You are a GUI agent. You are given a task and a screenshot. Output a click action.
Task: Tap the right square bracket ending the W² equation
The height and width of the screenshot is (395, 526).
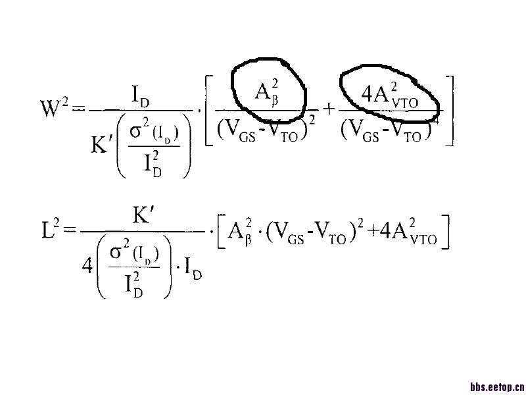pos(450,110)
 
